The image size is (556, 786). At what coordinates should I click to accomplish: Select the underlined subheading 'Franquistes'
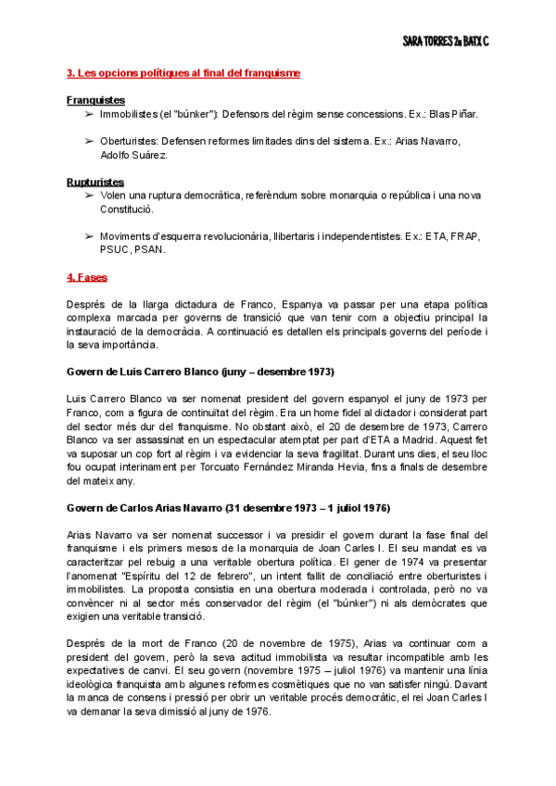96,99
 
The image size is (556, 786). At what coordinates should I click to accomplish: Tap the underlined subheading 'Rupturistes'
95,182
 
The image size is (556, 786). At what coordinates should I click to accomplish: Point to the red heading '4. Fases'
87,276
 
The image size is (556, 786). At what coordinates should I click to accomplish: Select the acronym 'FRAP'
461,236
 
